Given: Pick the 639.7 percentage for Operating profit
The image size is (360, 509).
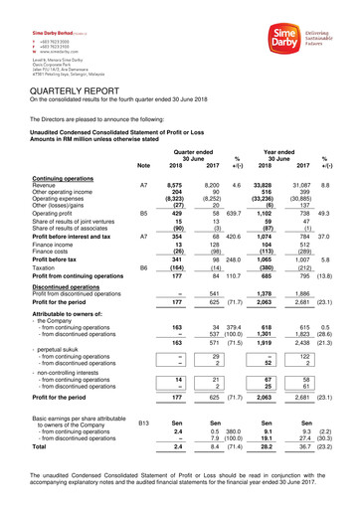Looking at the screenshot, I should [235, 213].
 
